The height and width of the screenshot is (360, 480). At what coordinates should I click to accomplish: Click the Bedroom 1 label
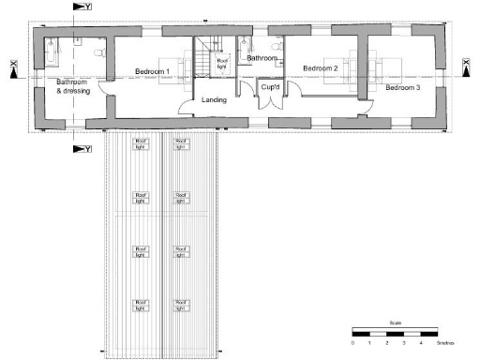point(152,71)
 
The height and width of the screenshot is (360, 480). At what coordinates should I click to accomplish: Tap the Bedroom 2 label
point(320,68)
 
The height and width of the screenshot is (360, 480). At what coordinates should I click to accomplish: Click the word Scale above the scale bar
point(395,323)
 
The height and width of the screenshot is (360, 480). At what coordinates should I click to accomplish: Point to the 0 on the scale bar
point(353,344)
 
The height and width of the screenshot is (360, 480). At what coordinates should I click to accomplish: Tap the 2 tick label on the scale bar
point(387,344)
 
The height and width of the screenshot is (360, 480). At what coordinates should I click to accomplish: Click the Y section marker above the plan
point(82,7)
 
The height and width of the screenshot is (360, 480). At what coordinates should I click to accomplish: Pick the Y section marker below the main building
point(82,148)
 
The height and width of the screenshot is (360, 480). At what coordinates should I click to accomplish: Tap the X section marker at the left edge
point(13,67)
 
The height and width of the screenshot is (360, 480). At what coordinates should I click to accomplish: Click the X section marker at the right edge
point(466,67)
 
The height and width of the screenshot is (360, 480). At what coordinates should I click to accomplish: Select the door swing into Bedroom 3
point(360,110)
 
